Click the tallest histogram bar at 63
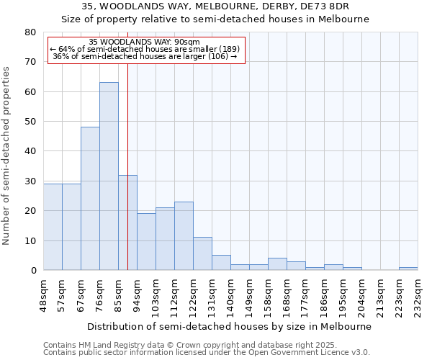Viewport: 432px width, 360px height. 109,176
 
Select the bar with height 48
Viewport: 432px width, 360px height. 90,199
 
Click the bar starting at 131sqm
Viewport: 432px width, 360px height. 221,263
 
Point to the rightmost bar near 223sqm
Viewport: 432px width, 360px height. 408,269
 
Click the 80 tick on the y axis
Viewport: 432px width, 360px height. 30,32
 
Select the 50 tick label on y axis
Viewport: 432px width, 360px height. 30,122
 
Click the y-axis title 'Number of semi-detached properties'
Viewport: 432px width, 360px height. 6,156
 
